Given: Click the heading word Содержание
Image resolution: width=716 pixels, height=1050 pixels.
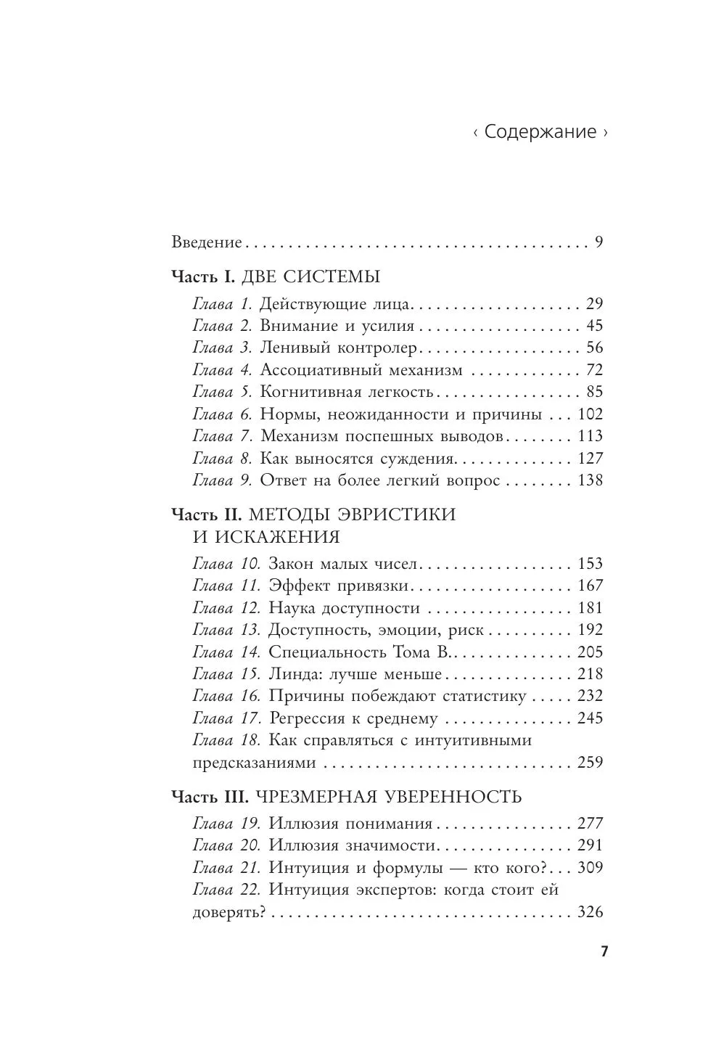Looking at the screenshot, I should [540, 132].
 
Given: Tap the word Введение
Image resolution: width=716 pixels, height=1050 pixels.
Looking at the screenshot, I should [207, 242].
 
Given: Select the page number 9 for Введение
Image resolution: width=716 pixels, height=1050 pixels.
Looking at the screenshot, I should [598, 242].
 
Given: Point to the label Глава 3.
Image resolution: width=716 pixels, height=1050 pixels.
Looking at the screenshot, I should [222, 348].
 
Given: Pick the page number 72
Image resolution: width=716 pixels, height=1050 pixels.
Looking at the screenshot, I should [594, 370].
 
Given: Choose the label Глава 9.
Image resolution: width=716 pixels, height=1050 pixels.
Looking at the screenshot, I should [222, 480].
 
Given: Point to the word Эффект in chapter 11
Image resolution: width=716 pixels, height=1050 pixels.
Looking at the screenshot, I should [297, 586].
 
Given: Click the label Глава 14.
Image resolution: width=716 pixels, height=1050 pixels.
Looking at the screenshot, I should [226, 652].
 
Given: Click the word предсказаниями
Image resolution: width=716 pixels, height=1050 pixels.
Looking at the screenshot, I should [255, 763].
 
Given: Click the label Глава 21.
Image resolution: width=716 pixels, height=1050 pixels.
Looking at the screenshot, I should [226, 868].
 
